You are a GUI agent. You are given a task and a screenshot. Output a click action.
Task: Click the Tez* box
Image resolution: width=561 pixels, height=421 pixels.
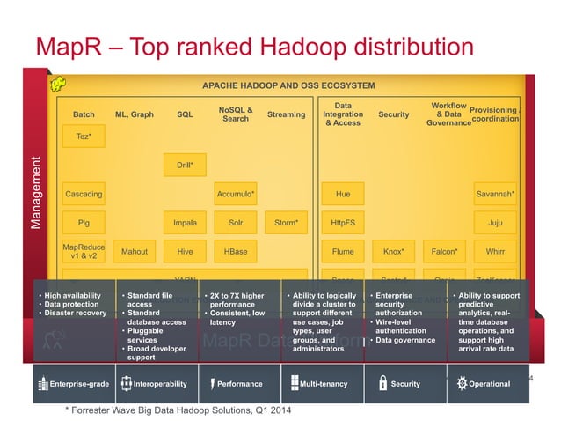coord(84,137)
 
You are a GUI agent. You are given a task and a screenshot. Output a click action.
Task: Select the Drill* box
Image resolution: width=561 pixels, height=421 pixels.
coord(185,165)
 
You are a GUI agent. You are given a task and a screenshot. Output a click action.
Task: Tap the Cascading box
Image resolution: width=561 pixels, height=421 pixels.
coord(84,194)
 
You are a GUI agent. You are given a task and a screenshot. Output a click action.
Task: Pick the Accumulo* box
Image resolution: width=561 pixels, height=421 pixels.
coord(236,194)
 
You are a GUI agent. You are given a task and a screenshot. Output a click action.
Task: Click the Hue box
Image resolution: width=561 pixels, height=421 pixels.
coord(343,194)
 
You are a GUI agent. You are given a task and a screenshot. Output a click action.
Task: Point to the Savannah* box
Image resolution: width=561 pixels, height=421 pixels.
coord(495,194)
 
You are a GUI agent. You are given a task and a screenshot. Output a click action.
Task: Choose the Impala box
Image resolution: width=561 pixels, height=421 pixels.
coord(185,223)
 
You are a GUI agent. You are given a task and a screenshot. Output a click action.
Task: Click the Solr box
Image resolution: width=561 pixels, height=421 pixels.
coord(236,223)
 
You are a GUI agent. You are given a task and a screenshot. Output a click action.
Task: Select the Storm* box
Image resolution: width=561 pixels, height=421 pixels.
coord(286,223)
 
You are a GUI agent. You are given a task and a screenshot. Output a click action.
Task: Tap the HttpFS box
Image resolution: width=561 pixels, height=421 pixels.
coord(343,223)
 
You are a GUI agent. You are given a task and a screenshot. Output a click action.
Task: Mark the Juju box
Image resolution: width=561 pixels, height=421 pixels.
coord(495,223)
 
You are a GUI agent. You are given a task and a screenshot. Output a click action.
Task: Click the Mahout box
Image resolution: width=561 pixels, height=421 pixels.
coord(135,252)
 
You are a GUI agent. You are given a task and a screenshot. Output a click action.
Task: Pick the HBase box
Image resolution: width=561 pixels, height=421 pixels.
coord(236,252)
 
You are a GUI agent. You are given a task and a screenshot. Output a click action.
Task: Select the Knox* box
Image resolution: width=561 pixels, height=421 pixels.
coord(394,252)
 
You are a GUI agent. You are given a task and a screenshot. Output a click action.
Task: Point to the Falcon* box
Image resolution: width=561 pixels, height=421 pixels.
coord(444,252)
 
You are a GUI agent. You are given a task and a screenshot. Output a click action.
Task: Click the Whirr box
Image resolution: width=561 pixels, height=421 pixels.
coord(495,252)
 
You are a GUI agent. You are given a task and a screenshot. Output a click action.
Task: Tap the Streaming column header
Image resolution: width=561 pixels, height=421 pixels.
coord(286,114)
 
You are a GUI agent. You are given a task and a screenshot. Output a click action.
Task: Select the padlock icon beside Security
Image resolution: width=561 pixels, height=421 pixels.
coord(382,383)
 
